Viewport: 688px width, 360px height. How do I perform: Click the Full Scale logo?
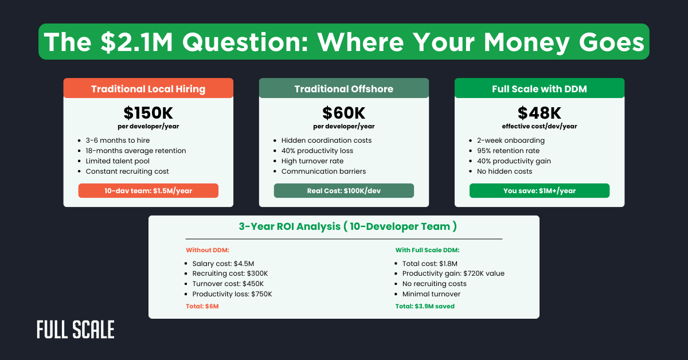[x=76, y=329]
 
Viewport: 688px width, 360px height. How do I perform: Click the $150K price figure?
[x=148, y=113]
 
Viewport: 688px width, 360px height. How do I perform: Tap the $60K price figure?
[x=343, y=113]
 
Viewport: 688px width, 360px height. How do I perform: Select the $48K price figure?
[x=540, y=113]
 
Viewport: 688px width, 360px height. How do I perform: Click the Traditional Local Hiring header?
[x=148, y=88]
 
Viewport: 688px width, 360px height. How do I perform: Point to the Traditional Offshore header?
[x=343, y=88]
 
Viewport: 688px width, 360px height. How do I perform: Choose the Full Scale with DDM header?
[x=540, y=88]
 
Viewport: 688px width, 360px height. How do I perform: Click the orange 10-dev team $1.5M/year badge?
[x=148, y=190]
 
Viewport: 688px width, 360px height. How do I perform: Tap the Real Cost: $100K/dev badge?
[x=343, y=190]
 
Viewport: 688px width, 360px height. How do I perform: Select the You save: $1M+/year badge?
[x=540, y=190]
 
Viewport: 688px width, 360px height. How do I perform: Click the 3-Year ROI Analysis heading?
[x=347, y=226]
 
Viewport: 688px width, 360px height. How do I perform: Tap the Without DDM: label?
[x=208, y=250]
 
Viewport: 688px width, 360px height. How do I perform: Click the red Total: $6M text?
[x=202, y=306]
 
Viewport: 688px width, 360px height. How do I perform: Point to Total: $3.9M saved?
[x=425, y=306]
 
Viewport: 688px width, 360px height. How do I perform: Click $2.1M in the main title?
[x=136, y=42]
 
